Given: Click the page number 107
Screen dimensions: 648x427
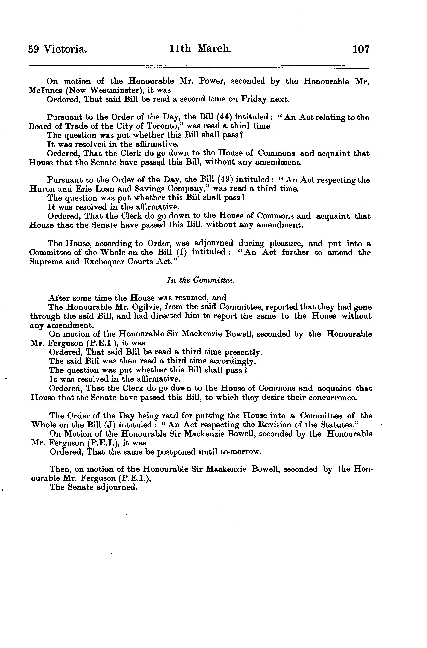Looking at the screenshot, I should (x=361, y=50).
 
